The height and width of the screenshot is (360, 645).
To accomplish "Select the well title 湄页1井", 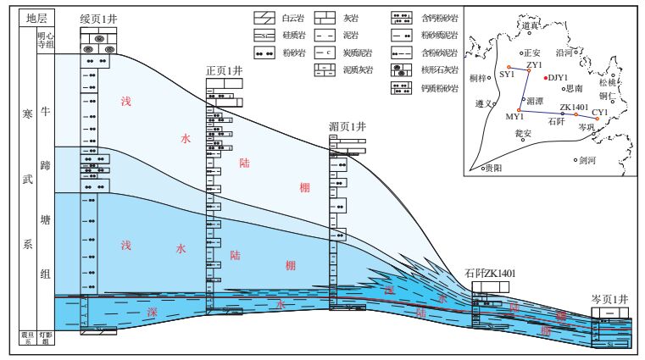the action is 347,126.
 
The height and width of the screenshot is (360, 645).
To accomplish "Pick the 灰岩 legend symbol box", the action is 327,16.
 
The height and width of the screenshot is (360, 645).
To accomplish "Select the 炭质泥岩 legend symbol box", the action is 327,53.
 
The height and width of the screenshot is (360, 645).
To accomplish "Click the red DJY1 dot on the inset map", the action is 545,78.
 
